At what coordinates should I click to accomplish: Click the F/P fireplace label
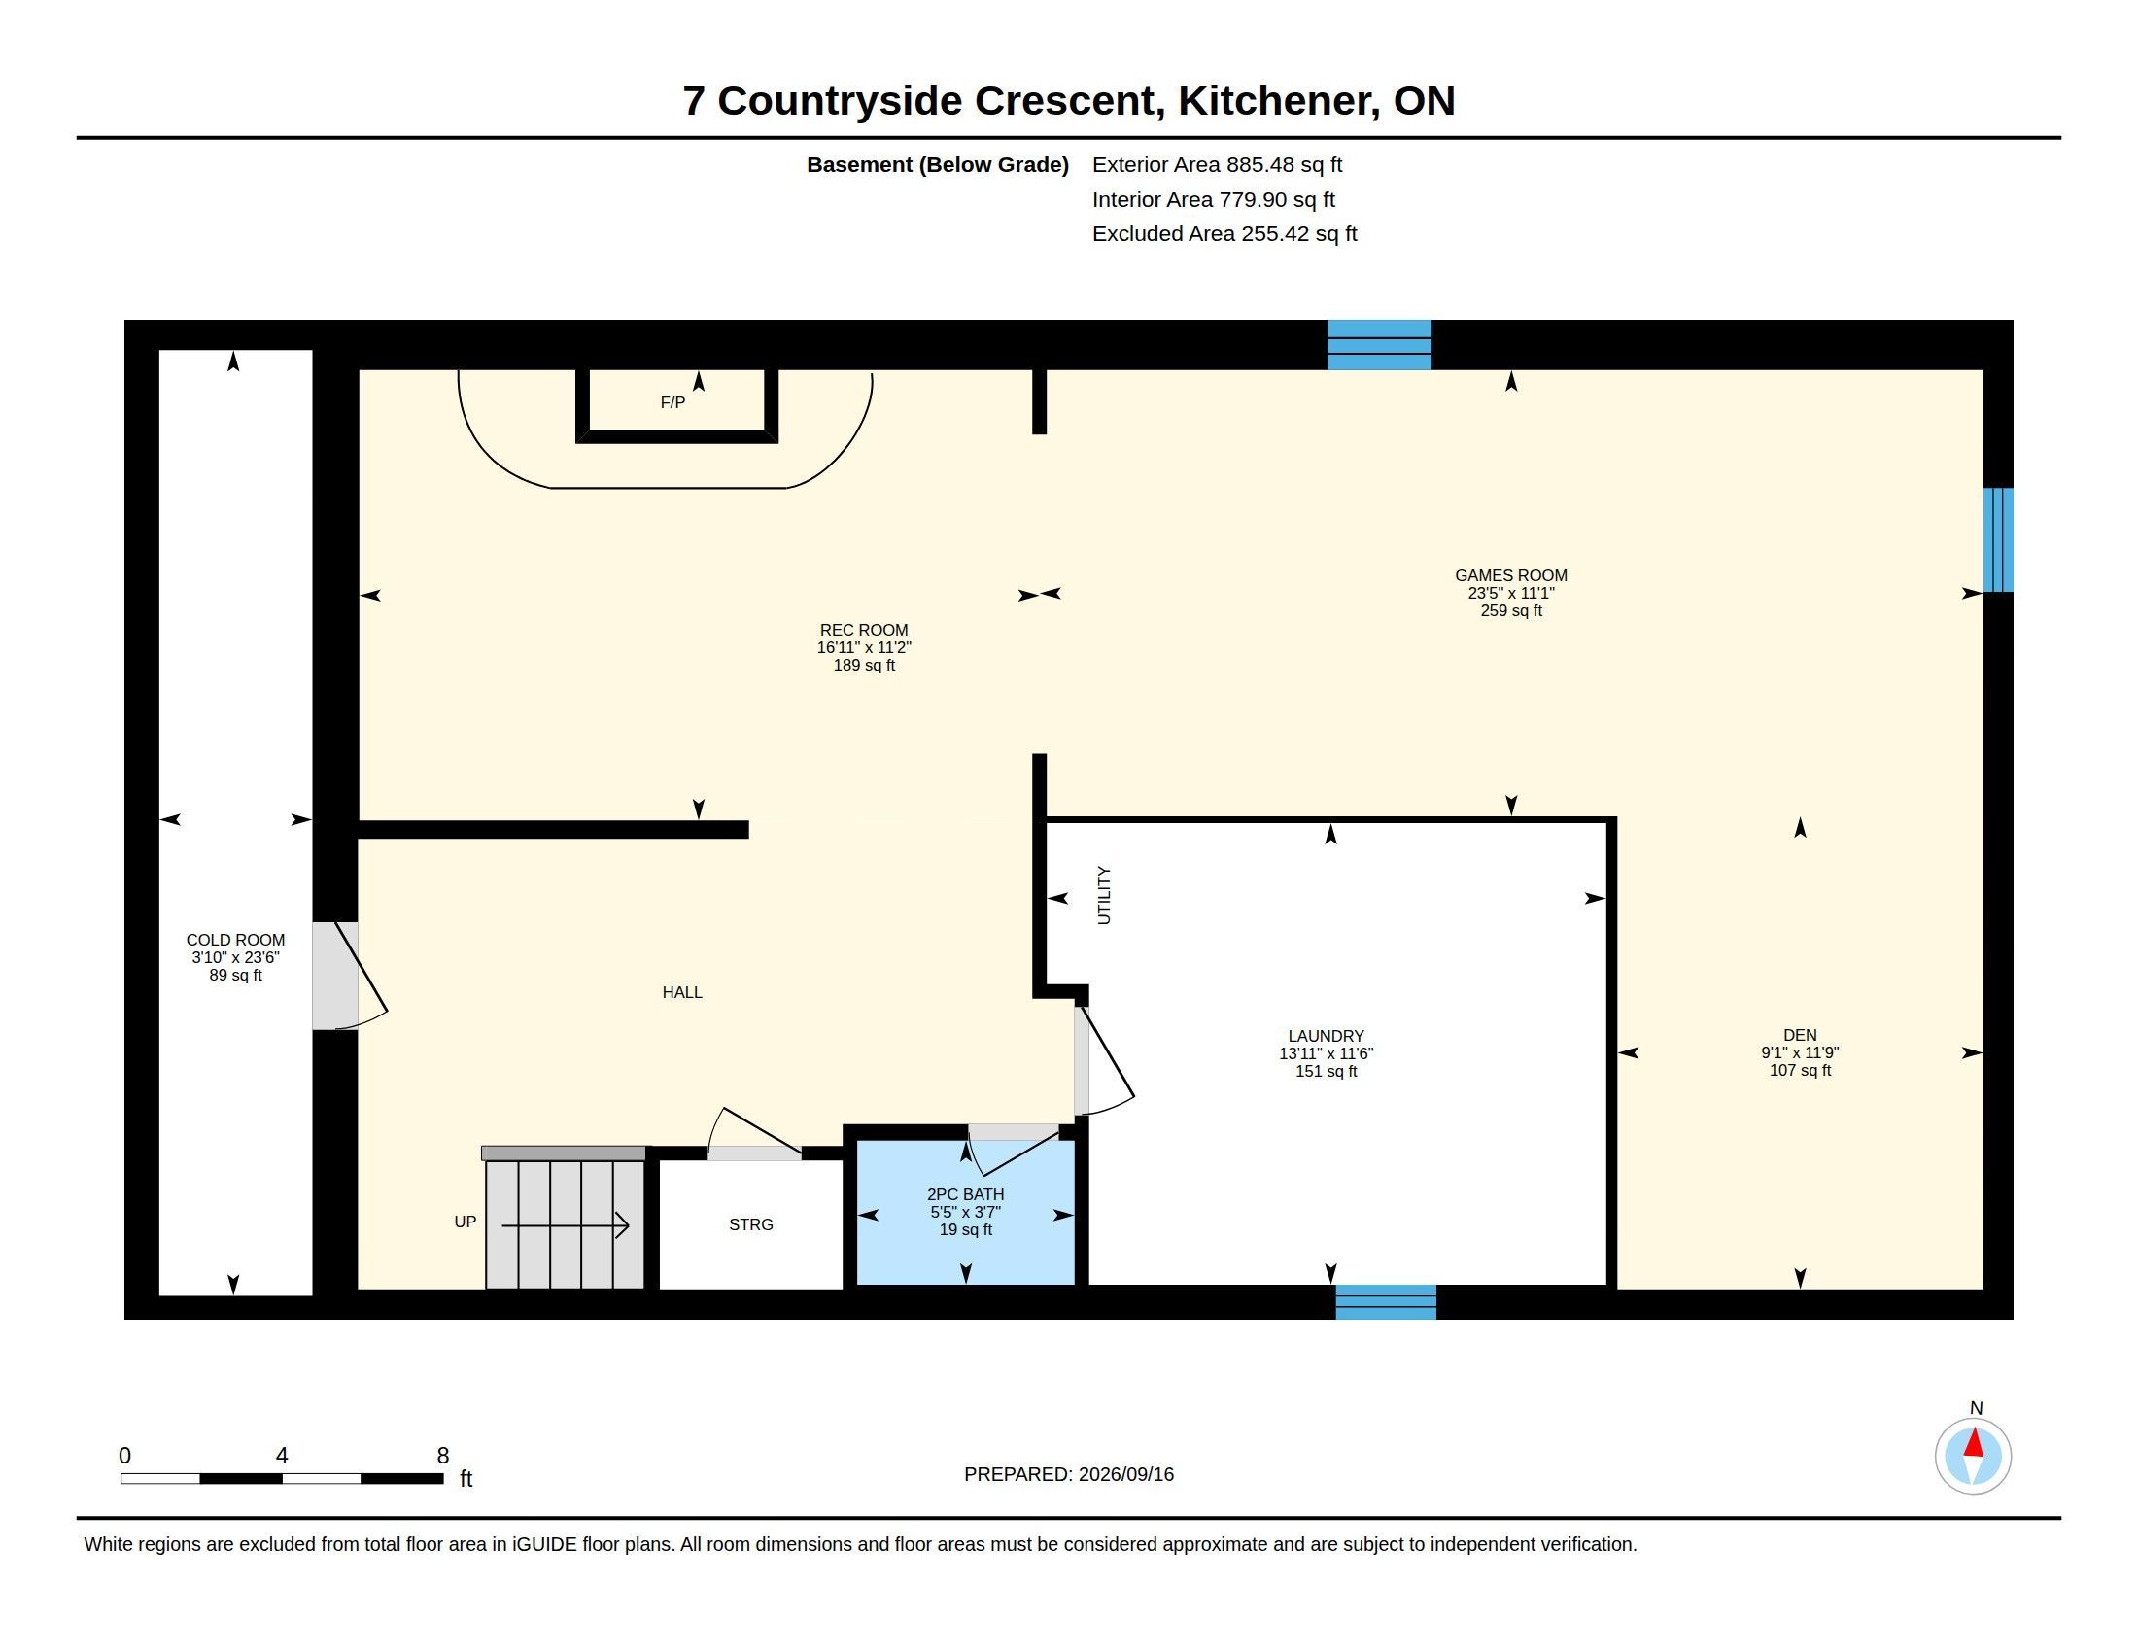(672, 402)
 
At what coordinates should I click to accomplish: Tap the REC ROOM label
(863, 631)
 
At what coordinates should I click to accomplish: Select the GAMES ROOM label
(1510, 575)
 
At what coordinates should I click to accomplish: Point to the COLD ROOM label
(235, 940)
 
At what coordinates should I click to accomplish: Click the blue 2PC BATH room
(965, 1214)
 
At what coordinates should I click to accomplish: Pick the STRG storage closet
(751, 1224)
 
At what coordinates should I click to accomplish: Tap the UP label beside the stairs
(465, 1222)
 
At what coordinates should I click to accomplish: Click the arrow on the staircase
(565, 1225)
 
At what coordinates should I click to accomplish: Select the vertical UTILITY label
(1104, 894)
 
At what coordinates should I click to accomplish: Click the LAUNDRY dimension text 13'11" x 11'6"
(1326, 1054)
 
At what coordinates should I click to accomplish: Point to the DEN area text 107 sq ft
(1799, 1071)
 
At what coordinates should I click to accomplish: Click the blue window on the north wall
(1378, 345)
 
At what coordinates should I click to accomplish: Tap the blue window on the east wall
(1998, 540)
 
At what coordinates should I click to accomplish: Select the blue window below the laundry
(1386, 1301)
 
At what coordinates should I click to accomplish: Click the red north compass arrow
(1974, 1443)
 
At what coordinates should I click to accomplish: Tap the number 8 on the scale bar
(442, 1456)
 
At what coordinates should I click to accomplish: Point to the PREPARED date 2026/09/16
(1125, 1474)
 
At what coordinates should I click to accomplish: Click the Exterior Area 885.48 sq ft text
(1217, 165)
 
